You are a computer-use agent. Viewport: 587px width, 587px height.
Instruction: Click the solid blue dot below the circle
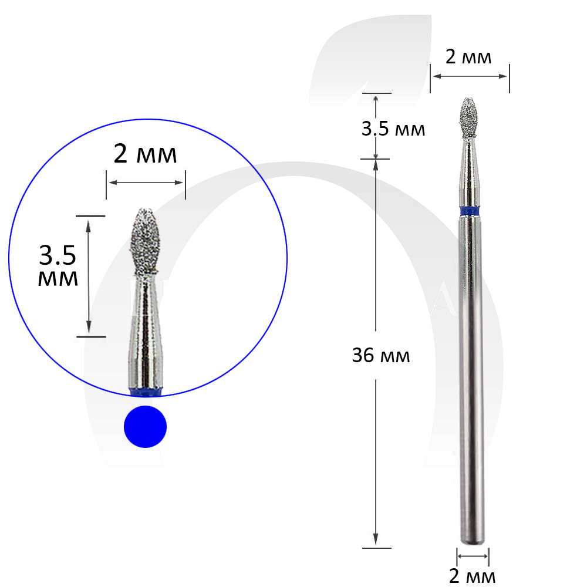click(x=145, y=426)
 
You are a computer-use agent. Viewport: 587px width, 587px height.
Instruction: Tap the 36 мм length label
click(x=381, y=355)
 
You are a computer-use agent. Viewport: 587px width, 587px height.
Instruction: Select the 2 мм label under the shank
click(x=472, y=576)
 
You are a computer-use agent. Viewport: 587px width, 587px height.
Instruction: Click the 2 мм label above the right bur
click(x=468, y=57)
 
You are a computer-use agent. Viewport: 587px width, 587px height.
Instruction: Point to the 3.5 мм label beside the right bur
click(x=393, y=129)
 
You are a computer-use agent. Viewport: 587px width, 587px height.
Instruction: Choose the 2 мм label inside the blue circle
click(x=145, y=153)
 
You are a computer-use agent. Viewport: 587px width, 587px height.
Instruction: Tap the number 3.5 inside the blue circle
click(x=58, y=255)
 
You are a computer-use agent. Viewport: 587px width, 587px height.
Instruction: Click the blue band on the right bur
click(x=470, y=211)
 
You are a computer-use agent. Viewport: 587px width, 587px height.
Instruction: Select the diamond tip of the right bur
click(x=468, y=117)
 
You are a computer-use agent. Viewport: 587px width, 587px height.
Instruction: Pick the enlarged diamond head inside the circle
click(x=146, y=240)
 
